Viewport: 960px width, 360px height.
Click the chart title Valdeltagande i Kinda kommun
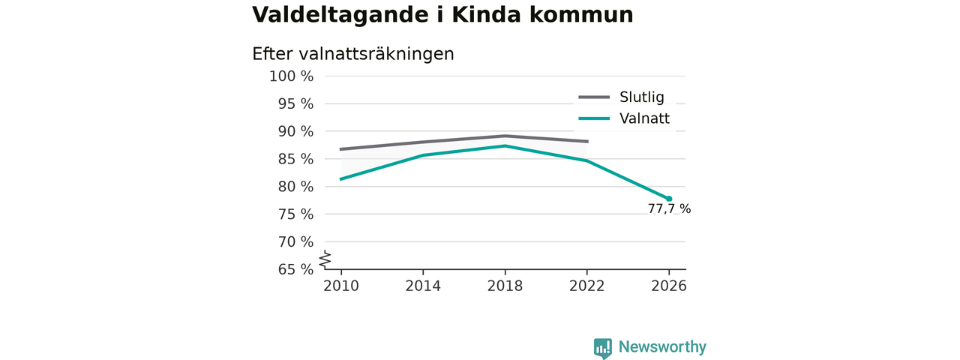(x=442, y=15)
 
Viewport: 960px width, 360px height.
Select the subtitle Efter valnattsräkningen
(x=352, y=55)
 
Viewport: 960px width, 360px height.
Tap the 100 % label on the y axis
(x=292, y=76)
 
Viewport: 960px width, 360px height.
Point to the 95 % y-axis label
(x=295, y=103)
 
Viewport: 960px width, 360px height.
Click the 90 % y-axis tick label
(x=295, y=131)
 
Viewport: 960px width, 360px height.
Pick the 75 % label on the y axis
(x=295, y=214)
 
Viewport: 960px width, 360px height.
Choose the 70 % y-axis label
(x=295, y=242)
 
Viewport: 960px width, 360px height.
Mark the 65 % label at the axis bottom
(x=295, y=269)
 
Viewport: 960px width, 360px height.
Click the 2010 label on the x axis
(x=341, y=286)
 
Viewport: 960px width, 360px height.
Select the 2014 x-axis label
(x=423, y=286)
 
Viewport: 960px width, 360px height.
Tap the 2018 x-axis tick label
(x=505, y=286)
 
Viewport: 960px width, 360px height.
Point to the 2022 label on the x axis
(x=586, y=286)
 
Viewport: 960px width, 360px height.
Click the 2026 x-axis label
(x=668, y=286)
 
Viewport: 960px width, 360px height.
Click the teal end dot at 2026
(x=669, y=199)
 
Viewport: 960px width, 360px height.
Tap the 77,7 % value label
(x=669, y=209)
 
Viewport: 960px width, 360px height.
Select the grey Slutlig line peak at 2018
(x=505, y=136)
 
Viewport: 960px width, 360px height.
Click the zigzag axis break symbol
(x=325, y=259)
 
